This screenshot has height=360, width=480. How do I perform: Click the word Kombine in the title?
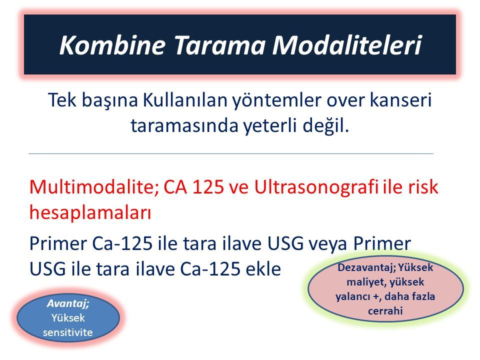point(112,45)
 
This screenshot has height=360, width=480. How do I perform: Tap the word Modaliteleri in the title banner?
point(347,45)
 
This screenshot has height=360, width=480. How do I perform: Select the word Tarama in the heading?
point(219,45)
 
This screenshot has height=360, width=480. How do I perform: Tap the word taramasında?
point(184,125)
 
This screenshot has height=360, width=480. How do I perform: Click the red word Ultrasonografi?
point(316,186)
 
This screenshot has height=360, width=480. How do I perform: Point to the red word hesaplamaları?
point(90,213)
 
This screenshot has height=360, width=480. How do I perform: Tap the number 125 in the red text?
point(208,186)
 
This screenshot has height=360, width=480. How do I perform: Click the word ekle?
point(263,269)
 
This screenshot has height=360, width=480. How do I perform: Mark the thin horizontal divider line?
point(231,153)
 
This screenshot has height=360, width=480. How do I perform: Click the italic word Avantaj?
point(68,303)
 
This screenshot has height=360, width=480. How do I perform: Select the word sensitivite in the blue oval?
point(67,332)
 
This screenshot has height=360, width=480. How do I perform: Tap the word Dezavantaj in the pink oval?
point(366,268)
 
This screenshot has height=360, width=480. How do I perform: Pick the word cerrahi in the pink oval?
point(385,311)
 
